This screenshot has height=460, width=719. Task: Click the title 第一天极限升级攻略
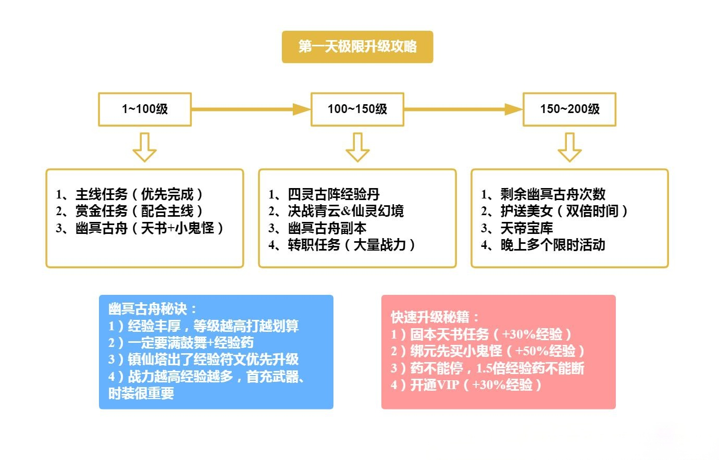[357, 47]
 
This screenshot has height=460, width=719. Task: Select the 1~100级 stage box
[145, 109]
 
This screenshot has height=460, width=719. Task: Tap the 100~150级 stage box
[357, 109]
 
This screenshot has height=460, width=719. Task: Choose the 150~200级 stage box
[569, 109]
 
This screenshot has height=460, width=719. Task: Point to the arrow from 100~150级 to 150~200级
[463, 109]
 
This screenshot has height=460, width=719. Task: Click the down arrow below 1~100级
[144, 147]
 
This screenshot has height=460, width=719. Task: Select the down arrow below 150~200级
[569, 147]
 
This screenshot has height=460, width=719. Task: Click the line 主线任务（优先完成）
[130, 195]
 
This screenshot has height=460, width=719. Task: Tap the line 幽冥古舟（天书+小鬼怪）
[141, 228]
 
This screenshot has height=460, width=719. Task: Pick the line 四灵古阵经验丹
[324, 195]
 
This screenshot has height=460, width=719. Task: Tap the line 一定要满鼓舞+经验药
[181, 343]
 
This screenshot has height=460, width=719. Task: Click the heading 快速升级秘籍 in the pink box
[435, 317]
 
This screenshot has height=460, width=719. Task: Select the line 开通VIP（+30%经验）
[467, 385]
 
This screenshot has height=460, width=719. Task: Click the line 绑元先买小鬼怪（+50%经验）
[488, 351]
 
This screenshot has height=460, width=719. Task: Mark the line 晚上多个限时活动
[543, 245]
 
